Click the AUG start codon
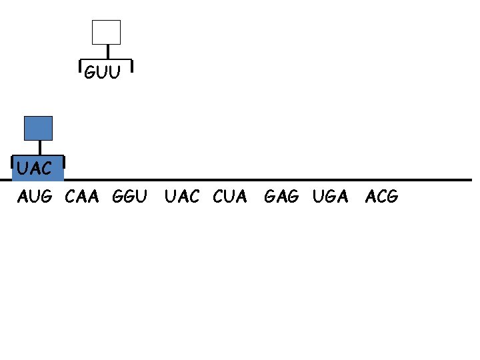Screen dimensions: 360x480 (x=35, y=197)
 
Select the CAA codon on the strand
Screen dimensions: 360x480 (x=82, y=197)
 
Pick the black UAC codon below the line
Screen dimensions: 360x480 (x=181, y=197)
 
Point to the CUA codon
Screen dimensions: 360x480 (x=230, y=197)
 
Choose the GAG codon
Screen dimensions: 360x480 (x=282, y=197)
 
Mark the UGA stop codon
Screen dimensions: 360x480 (x=330, y=197)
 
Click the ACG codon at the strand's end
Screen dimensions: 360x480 (x=382, y=197)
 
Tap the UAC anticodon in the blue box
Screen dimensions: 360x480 (x=35, y=169)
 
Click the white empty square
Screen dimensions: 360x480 (x=106, y=32)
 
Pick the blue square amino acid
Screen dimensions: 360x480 (x=38, y=128)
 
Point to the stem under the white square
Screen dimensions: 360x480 (x=107, y=53)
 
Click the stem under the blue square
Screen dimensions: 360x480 (x=40, y=148)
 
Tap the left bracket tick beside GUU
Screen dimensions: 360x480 (x=81, y=66)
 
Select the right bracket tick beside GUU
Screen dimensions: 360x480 (x=132, y=66)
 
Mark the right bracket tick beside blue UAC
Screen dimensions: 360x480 (x=64, y=162)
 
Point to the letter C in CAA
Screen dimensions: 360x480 (x=71, y=197)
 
